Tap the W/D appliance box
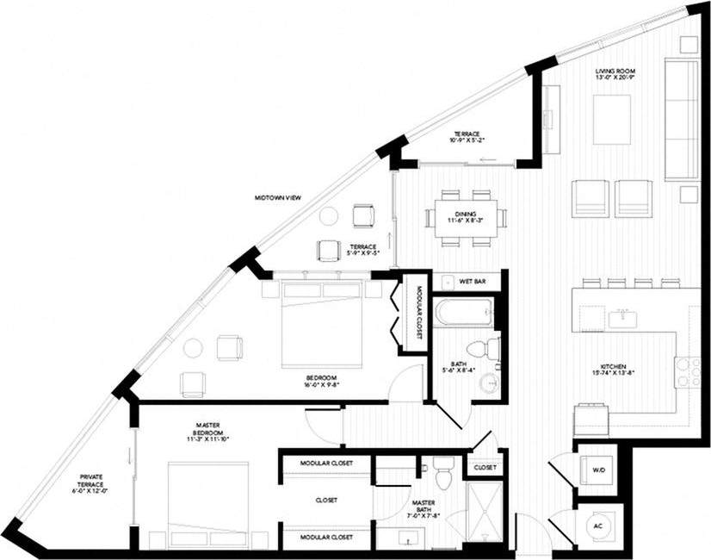[x=597, y=470]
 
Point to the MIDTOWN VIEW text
[x=276, y=197]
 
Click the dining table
[x=465, y=218]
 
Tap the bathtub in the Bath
[x=464, y=312]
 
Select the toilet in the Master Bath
[x=442, y=475]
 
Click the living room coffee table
[x=612, y=119]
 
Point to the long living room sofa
[x=682, y=120]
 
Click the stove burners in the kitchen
[x=689, y=370]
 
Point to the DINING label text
[x=466, y=216]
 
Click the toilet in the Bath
[x=490, y=349]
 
